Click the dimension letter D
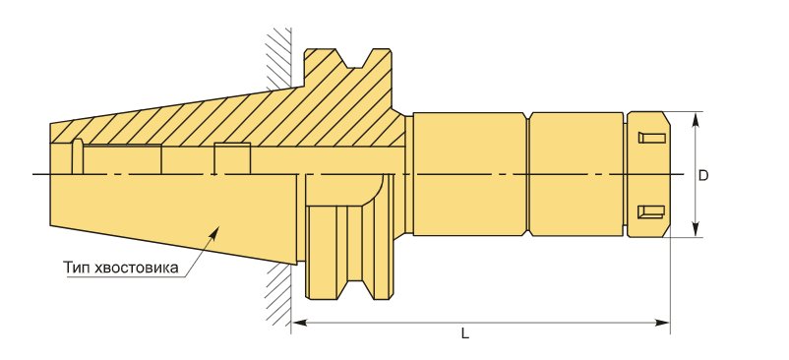coord(703,175)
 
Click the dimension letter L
coord(465,333)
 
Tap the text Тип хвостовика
coord(121,267)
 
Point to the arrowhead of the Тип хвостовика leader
coord(215,231)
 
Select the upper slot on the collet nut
coord(651,138)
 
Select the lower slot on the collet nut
coord(651,211)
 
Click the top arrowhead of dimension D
coord(695,120)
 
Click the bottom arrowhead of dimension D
coord(695,229)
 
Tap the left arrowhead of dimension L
coord(300,323)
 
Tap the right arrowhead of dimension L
coord(662,323)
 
